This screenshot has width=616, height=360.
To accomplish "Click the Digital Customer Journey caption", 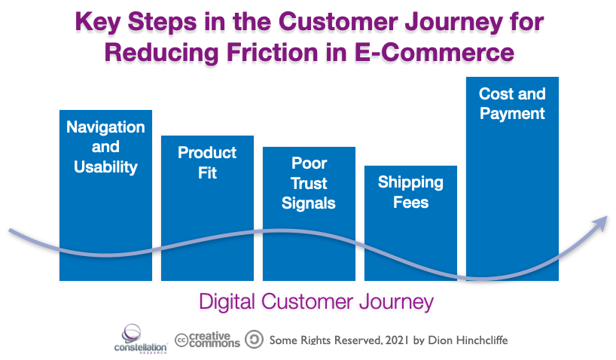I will [316, 302].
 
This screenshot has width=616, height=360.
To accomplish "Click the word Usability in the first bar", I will [105, 166].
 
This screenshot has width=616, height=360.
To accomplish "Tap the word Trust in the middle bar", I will [309, 183].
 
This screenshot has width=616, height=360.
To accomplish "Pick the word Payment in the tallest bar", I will [512, 114].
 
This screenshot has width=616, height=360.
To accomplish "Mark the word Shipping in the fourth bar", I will [410, 182].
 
